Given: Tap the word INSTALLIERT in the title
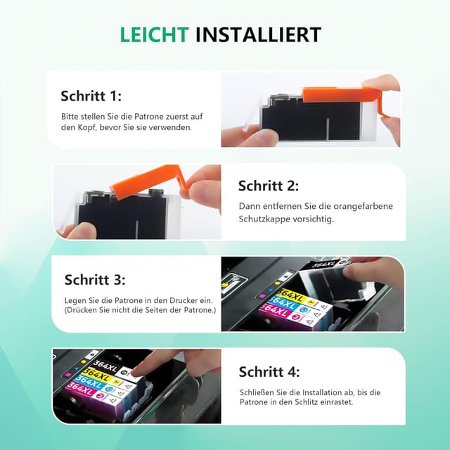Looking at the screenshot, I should tap(258, 34).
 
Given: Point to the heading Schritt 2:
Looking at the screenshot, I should tap(268, 186).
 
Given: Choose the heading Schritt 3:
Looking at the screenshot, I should tap(95, 279).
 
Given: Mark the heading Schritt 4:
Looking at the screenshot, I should tap(269, 372).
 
